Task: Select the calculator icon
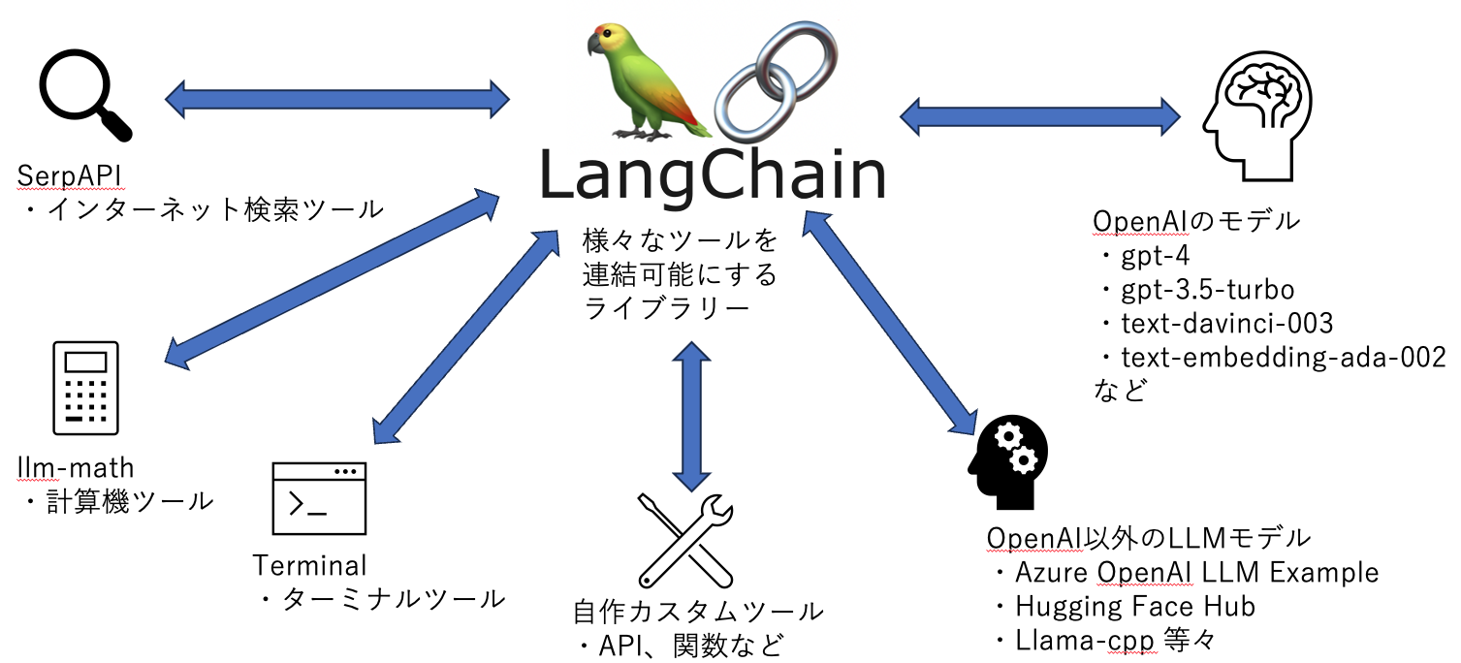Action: point(85,387)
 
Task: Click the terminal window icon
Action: point(319,498)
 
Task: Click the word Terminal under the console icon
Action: point(310,565)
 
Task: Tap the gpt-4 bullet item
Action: point(1154,256)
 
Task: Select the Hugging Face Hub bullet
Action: point(1134,607)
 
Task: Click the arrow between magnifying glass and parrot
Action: point(337,97)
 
